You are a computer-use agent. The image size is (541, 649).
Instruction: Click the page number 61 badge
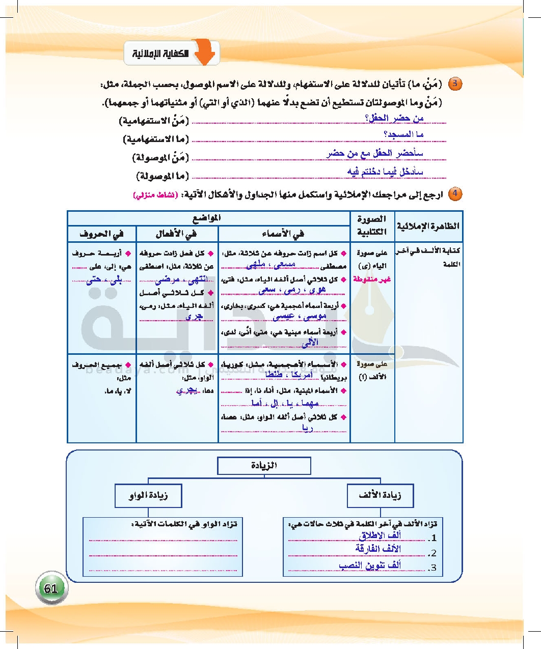pos(50,589)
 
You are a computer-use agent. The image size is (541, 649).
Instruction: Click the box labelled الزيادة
pos(264,466)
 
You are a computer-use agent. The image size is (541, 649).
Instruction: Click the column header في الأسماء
pos(284,234)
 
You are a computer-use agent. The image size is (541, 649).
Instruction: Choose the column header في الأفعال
pos(177,234)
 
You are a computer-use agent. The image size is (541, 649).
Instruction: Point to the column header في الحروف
pos(101,234)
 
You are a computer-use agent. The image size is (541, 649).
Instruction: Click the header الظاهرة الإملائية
pos(428,226)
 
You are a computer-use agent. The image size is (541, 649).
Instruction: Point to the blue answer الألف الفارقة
pos(378,549)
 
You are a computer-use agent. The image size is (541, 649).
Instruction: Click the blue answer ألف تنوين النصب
pos(370,566)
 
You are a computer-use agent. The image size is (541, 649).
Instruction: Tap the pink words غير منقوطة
pos(375,278)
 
